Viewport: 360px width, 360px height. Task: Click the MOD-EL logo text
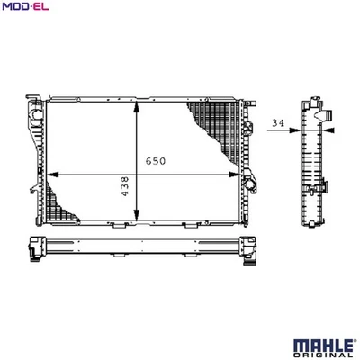[25, 6]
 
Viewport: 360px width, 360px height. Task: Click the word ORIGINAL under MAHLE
[323, 355]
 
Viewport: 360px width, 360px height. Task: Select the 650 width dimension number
[156, 161]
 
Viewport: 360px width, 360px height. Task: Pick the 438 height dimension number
[124, 186]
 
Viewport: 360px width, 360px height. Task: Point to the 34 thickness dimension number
[278, 122]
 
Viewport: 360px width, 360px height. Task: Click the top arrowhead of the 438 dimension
[137, 107]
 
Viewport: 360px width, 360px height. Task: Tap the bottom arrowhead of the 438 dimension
[137, 215]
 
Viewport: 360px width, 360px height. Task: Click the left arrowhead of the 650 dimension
[53, 175]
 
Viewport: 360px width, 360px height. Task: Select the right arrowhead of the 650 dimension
[234, 175]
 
